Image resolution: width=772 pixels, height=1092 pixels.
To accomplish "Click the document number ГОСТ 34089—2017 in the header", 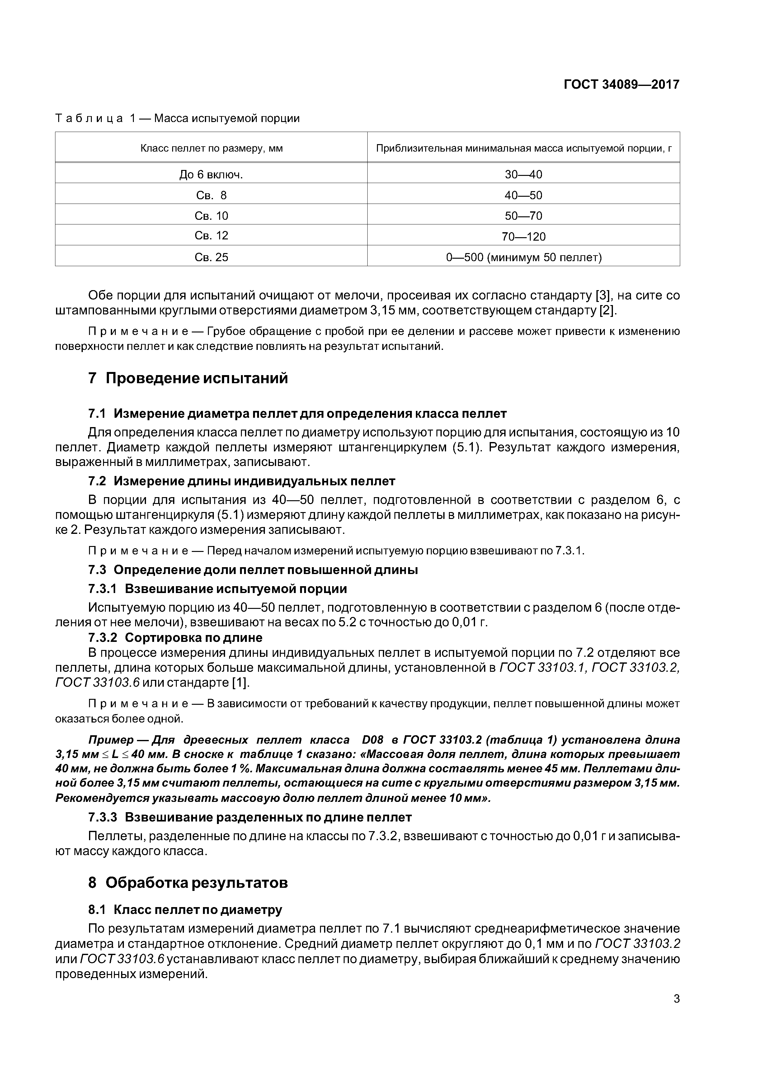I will (621, 85).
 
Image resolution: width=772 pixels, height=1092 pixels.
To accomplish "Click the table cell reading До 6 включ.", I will (211, 175).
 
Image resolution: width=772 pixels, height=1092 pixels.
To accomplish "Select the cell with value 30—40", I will (523, 175).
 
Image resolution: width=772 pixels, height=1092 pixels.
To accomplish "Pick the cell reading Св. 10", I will (211, 216).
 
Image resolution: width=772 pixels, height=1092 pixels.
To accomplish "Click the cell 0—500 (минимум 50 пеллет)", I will (523, 257).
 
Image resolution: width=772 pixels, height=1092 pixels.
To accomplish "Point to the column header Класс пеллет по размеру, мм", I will (211, 148).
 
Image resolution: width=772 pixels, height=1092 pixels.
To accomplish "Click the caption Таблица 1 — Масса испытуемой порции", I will (177, 118).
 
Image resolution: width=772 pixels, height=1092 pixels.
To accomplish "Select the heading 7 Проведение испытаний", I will (188, 378).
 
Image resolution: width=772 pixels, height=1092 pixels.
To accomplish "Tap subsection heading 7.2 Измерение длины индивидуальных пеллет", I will (242, 481).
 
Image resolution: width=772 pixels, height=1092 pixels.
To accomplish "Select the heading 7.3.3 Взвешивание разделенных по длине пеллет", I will (250, 817).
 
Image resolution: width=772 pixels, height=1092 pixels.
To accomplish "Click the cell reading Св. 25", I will (211, 257).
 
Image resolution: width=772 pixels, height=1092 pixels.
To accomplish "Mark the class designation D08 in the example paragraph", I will (372, 740).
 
